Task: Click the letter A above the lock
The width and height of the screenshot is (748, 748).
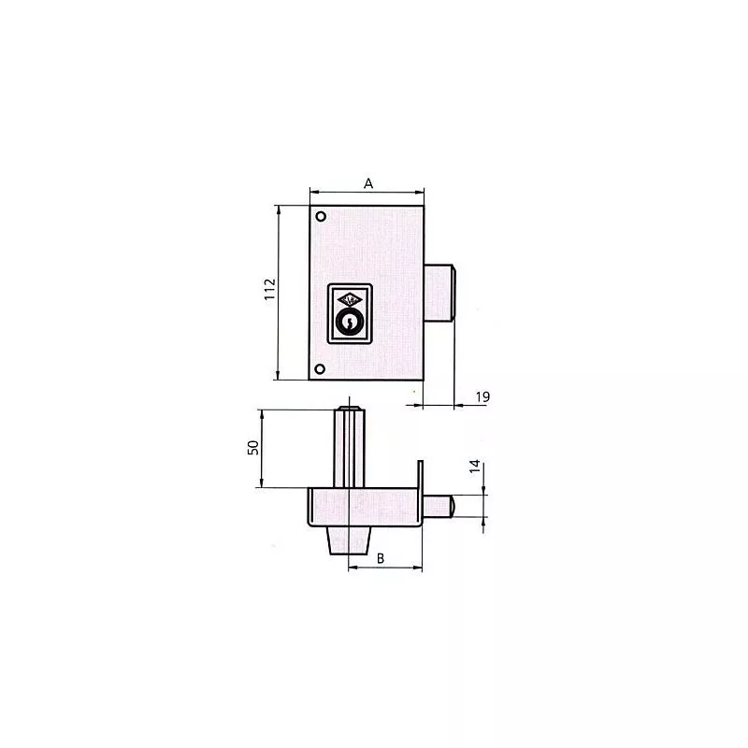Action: [x=368, y=184]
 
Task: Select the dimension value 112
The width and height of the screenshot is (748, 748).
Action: [x=267, y=291]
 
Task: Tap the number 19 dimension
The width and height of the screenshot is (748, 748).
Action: [x=482, y=397]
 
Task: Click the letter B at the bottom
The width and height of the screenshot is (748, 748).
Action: [x=381, y=558]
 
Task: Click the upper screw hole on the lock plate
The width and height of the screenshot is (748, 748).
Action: [x=321, y=217]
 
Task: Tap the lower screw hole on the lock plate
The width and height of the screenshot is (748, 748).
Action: [x=321, y=368]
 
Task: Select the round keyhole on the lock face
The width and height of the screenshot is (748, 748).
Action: [x=348, y=324]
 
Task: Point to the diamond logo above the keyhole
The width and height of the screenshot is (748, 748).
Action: [x=348, y=298]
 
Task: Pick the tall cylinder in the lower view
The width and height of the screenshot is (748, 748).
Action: [x=348, y=449]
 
